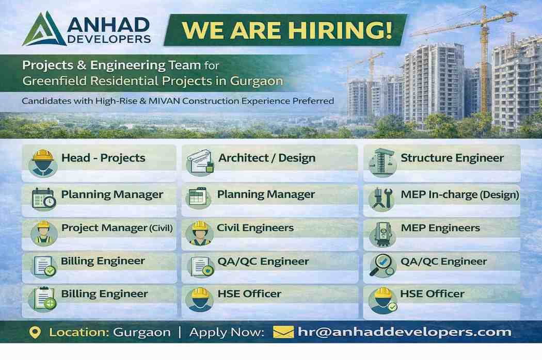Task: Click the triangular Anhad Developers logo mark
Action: point(44,30)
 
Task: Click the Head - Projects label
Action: point(103,158)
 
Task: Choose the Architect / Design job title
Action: point(266,158)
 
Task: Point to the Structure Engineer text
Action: point(452,158)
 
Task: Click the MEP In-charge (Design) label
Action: point(459,195)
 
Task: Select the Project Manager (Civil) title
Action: point(117,228)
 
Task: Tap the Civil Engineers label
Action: point(255,228)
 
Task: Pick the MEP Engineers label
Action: point(440,228)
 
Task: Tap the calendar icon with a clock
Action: point(44,199)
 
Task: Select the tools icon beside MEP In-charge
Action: point(382,199)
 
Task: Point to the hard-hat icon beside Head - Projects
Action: point(43,162)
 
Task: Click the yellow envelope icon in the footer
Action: point(283,332)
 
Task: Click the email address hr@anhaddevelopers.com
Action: point(405,332)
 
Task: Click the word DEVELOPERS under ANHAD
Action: point(109,39)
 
